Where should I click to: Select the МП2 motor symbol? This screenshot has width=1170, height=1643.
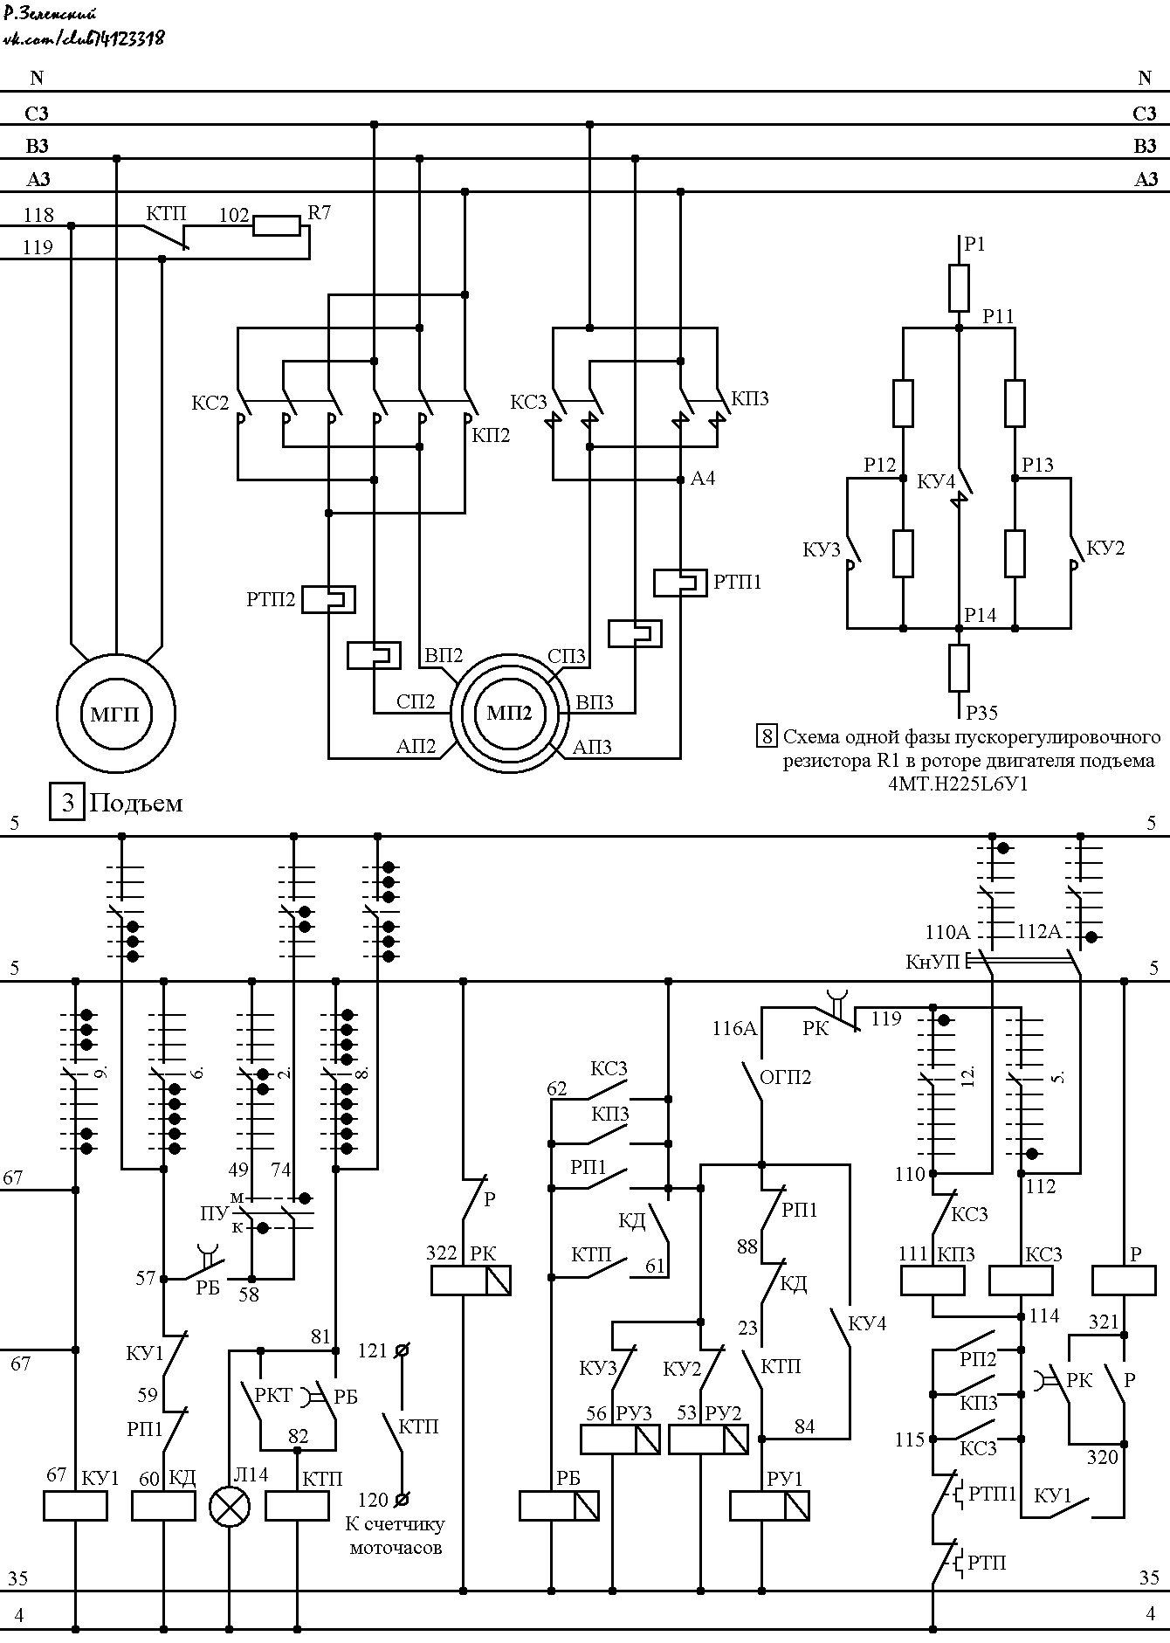[509, 712]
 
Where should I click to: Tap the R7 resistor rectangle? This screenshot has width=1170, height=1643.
[277, 226]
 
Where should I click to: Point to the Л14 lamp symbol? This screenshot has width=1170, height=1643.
[230, 1506]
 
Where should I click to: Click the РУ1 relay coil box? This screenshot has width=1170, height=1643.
[769, 1505]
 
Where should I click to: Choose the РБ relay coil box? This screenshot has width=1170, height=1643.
[559, 1505]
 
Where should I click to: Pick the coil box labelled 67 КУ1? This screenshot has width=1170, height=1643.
[75, 1505]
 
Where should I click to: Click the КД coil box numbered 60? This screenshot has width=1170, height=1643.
[163, 1505]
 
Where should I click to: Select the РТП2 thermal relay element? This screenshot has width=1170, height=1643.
[328, 598]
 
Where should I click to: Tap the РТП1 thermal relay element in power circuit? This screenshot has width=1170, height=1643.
[680, 583]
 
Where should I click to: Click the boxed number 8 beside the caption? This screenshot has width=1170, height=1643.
[767, 735]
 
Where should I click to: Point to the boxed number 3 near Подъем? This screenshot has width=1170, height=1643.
[68, 802]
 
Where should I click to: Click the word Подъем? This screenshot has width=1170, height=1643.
[136, 803]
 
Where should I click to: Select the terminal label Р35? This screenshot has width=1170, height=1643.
[982, 713]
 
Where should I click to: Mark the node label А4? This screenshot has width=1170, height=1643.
[703, 478]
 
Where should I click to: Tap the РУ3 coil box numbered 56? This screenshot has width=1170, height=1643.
[620, 1439]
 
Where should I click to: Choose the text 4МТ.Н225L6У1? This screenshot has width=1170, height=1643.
[958, 784]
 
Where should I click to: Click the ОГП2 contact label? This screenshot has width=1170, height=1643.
[786, 1077]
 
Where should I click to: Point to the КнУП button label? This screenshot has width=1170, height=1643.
[933, 962]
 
